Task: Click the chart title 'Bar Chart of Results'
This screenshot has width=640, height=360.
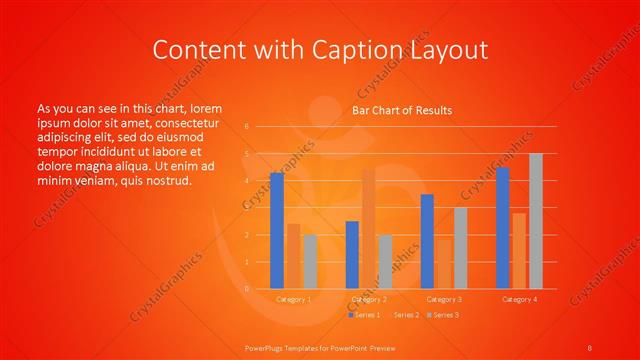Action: click(402, 110)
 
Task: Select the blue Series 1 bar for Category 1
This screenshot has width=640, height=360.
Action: click(277, 231)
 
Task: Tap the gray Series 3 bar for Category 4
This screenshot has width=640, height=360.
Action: click(536, 221)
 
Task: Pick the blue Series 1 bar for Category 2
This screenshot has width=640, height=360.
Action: click(352, 255)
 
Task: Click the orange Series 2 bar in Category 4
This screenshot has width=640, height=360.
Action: click(519, 251)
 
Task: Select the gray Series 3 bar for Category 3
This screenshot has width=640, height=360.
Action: click(460, 248)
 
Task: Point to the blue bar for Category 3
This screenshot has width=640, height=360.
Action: click(427, 241)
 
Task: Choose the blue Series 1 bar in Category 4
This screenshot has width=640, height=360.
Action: click(503, 228)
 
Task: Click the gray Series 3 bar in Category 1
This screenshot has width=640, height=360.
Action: click(310, 262)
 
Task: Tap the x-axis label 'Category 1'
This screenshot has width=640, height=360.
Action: click(293, 299)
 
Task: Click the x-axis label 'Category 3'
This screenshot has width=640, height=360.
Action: click(444, 299)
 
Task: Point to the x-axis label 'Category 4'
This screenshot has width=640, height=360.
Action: click(519, 299)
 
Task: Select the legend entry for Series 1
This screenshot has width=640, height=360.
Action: click(365, 315)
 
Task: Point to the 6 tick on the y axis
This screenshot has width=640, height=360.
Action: click(247, 127)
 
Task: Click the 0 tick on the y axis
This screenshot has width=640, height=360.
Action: click(247, 289)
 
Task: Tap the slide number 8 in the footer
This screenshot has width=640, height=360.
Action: click(589, 347)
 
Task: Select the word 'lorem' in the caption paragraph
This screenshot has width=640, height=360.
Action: click(205, 108)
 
